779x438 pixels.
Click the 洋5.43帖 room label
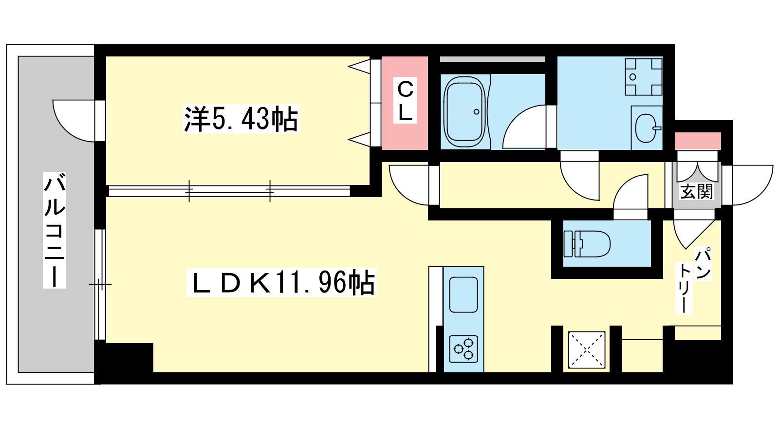click(241, 119)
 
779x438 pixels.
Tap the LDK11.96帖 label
click(281, 282)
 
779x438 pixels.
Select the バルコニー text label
click(55, 230)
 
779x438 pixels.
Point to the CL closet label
click(405, 100)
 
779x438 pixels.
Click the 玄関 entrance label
click(697, 192)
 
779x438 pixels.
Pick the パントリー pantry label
click(693, 280)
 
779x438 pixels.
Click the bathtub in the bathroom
click(465, 111)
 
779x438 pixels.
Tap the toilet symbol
click(587, 244)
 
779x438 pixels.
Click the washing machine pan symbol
click(643, 77)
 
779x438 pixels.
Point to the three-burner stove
click(464, 349)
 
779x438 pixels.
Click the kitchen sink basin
click(463, 295)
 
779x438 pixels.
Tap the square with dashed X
click(586, 350)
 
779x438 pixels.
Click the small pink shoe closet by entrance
click(698, 141)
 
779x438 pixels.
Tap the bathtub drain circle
click(477, 112)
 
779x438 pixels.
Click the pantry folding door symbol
click(693, 234)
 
